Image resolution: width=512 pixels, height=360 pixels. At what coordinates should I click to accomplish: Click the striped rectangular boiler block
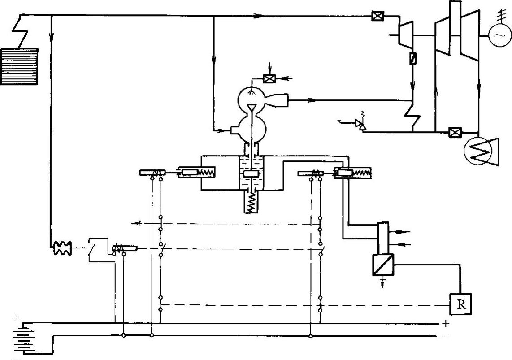(x=20, y=66)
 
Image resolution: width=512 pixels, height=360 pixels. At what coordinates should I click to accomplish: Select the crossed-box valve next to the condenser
(x=455, y=132)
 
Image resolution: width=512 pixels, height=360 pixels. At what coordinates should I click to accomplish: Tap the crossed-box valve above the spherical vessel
(x=269, y=78)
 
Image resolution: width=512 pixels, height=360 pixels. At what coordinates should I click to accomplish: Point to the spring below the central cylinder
(x=254, y=201)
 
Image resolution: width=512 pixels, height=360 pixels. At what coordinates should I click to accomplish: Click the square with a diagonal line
(x=383, y=265)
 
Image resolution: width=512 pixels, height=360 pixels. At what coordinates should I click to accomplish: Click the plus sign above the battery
(x=17, y=319)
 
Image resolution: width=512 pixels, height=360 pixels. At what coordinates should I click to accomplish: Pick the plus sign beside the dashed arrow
(x=140, y=222)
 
